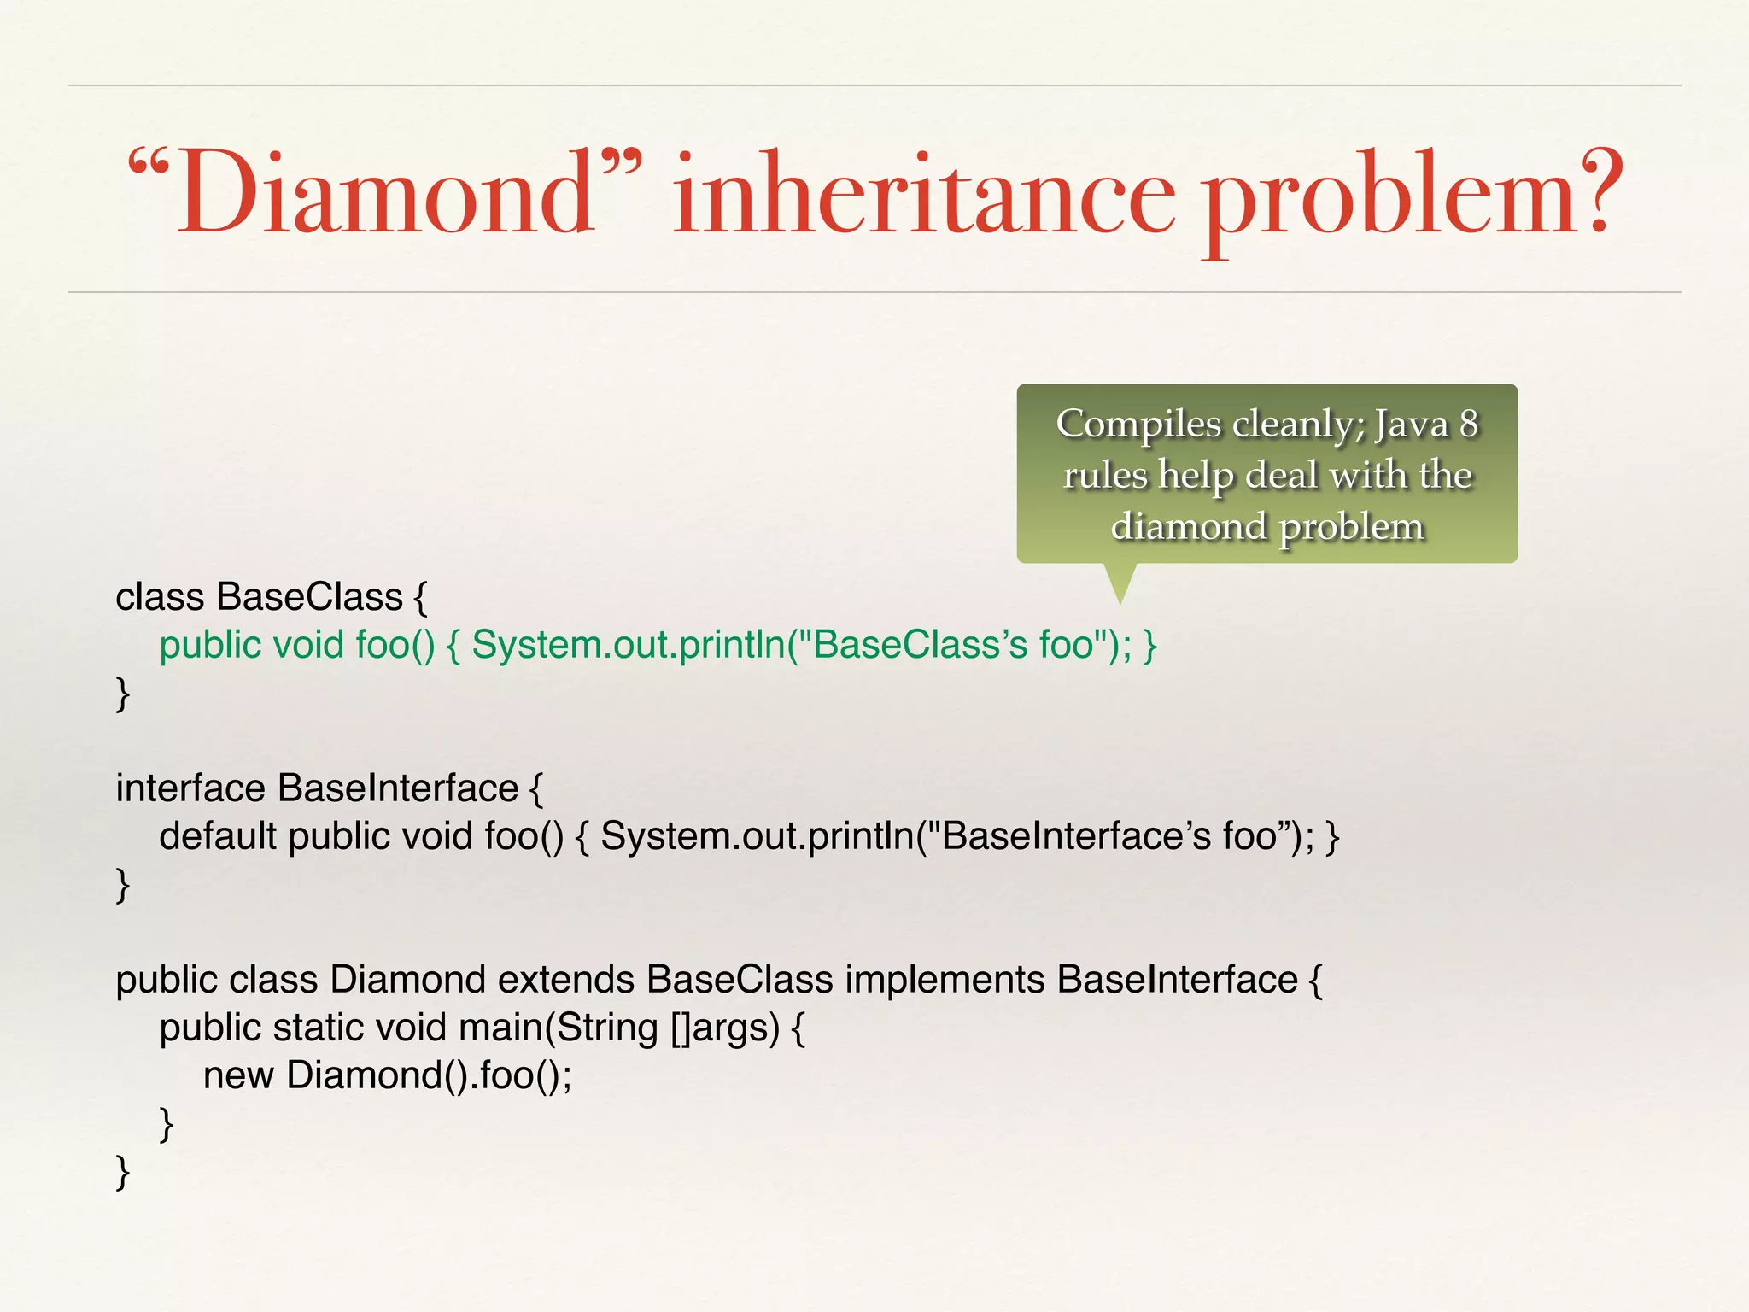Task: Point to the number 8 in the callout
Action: pos(1468,424)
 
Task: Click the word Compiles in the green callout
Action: pos(1139,425)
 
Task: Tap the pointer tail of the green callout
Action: pos(1120,584)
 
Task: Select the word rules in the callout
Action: pos(1105,475)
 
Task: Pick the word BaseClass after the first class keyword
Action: pos(309,597)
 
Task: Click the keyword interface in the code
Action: pos(190,788)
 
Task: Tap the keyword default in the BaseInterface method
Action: pos(218,836)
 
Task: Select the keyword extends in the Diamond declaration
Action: pos(566,980)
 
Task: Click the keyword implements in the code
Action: pos(945,980)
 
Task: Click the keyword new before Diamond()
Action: pos(238,1075)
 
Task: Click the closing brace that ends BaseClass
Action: pos(123,693)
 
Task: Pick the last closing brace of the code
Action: pos(123,1171)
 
